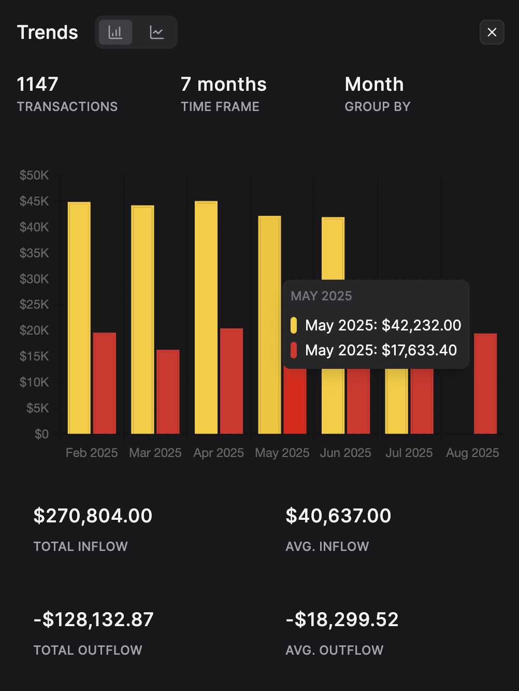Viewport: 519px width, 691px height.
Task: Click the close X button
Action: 492,32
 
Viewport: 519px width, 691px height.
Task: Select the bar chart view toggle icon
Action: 115,32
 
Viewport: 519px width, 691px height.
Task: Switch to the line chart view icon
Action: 156,32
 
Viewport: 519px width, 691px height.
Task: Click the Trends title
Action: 47,32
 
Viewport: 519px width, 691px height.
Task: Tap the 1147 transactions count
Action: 37,84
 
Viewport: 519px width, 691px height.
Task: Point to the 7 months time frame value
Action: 223,84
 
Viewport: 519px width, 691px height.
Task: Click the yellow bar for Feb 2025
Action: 79,317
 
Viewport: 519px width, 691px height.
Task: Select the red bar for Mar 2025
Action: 168,392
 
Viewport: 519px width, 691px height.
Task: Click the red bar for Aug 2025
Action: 485,383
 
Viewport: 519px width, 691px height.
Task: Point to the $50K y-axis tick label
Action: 34,175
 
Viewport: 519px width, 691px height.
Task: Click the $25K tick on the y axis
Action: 34,305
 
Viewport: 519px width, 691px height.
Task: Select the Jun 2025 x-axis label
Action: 345,453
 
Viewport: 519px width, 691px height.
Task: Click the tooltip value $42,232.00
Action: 421,325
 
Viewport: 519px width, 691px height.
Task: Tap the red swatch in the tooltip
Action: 294,350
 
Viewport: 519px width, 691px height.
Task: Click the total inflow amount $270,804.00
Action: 93,516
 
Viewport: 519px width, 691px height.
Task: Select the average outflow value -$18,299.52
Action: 342,619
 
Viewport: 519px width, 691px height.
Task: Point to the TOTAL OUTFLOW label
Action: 88,650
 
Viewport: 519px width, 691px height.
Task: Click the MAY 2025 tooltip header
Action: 321,296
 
